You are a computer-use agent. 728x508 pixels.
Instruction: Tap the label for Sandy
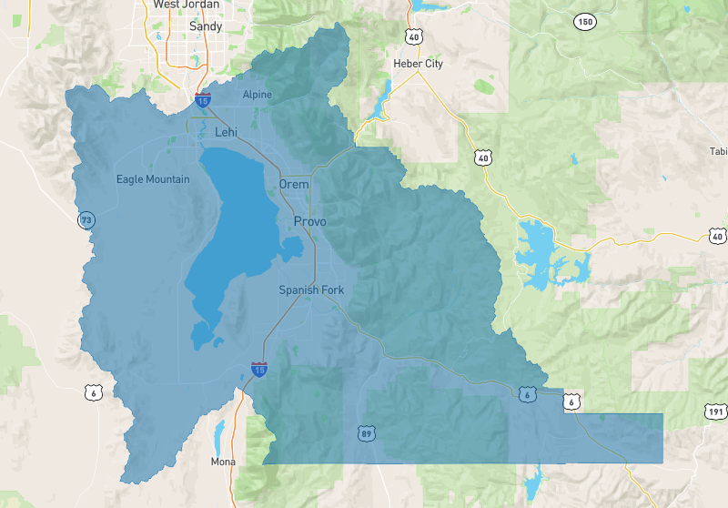(x=206, y=27)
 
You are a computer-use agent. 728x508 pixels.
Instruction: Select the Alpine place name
(x=257, y=95)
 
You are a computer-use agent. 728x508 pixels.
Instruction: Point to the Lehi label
(x=226, y=133)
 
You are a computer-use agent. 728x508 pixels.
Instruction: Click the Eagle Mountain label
(x=153, y=179)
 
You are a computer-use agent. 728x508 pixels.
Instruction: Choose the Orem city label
(x=294, y=185)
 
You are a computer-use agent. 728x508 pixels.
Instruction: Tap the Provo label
(x=309, y=222)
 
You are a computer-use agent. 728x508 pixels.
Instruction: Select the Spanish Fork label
(x=311, y=290)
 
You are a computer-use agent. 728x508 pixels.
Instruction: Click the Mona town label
(x=223, y=462)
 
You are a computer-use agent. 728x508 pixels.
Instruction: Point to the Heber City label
(x=418, y=64)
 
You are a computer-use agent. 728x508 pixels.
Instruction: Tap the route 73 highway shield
(x=86, y=220)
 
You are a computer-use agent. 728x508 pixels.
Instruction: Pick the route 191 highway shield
(x=715, y=412)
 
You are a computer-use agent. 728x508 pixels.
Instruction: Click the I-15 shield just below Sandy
(x=202, y=99)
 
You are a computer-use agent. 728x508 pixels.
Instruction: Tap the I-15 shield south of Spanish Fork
(x=259, y=370)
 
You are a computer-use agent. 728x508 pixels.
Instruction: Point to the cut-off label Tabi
(x=718, y=151)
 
